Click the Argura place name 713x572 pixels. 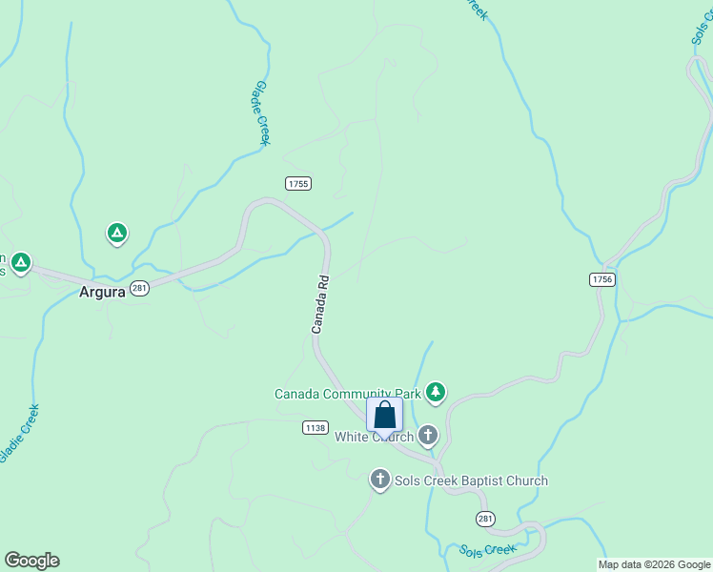pos(102,293)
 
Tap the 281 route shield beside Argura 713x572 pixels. pos(139,289)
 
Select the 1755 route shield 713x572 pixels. pos(298,183)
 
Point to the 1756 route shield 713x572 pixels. pos(601,278)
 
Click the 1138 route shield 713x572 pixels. pos(316,427)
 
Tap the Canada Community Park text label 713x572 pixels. pos(348,394)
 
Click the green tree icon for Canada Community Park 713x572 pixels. pos(436,391)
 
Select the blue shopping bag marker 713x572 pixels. pos(385,416)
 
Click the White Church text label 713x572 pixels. pos(374,438)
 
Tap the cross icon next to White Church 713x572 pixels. pos(428,436)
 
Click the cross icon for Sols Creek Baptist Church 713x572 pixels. pos(380,480)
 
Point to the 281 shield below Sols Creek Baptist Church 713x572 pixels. pos(486,518)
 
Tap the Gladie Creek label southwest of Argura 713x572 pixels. pos(19,434)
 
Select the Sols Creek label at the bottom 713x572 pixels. pos(487,551)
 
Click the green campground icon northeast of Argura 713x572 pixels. pos(117,233)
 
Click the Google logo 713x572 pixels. pos(31,561)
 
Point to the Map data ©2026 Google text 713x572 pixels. pos(654,564)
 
